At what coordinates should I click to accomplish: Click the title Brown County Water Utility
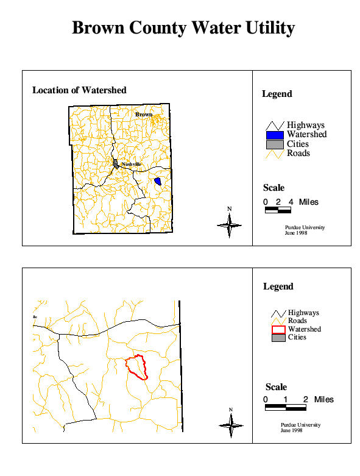click(183, 28)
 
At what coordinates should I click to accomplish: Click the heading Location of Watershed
click(79, 90)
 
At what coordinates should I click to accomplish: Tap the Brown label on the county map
click(144, 115)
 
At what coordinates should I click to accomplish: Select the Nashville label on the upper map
click(131, 165)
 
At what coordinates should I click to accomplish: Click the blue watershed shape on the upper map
click(158, 181)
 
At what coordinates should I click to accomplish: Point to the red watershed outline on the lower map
click(137, 367)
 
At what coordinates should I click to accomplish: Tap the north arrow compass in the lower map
click(231, 425)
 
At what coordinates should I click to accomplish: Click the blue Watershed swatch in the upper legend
click(275, 135)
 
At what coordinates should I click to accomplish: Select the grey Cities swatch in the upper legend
click(275, 144)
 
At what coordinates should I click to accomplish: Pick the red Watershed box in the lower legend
click(278, 329)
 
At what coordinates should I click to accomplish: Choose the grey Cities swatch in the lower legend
click(278, 338)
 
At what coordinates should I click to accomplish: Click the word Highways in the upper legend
click(306, 126)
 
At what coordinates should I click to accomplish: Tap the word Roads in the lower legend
click(297, 321)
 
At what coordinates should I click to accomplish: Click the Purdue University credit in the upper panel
click(305, 227)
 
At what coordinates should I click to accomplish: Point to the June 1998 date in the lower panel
click(292, 430)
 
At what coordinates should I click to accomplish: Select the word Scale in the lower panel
click(276, 387)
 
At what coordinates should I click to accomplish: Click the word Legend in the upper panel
click(277, 94)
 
